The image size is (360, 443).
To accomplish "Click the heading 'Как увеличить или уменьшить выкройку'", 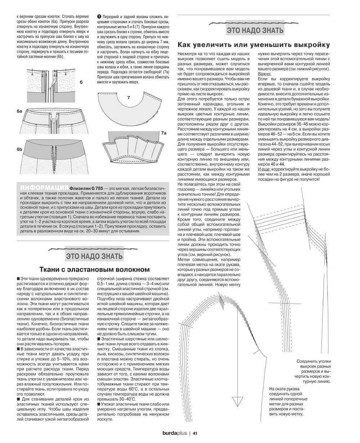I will (x=254, y=45).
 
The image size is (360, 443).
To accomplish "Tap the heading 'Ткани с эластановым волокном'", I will (x=94, y=270).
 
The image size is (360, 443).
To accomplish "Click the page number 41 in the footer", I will (x=195, y=433).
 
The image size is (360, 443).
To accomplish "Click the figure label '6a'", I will (x=19, y=112).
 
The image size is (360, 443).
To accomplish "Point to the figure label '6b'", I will (x=19, y=149).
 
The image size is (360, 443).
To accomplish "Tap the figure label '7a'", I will (x=163, y=133).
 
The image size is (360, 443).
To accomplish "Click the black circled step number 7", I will (x=99, y=17).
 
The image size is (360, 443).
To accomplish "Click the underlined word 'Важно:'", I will (x=266, y=73).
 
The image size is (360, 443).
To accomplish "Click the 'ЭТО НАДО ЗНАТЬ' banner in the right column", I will (x=255, y=30).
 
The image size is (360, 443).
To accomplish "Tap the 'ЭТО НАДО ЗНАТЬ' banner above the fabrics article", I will (x=94, y=256).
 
